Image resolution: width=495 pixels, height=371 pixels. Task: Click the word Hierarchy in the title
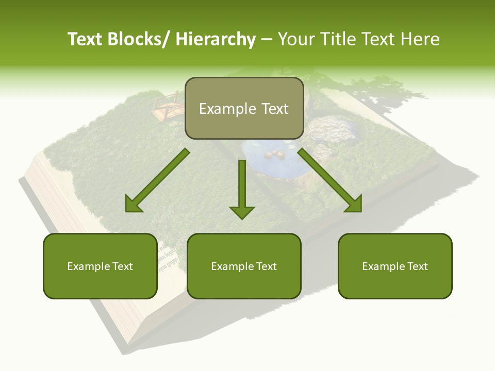click(216, 39)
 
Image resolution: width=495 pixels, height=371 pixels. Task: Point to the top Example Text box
click(244, 109)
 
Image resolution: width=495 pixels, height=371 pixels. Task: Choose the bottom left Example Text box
click(100, 266)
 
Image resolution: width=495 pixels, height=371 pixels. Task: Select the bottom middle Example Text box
click(244, 266)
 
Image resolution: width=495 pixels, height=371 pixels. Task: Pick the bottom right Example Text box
click(395, 266)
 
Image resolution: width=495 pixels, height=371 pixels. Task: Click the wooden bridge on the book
click(168, 106)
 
